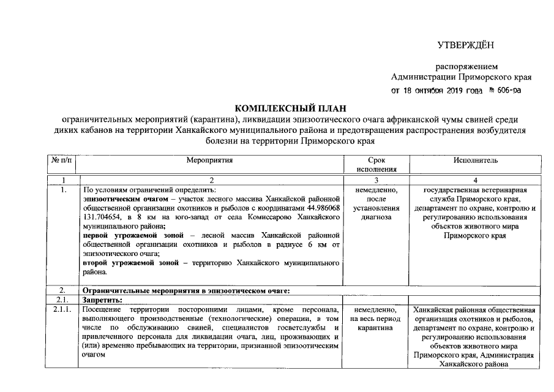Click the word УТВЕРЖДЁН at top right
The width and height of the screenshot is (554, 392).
click(x=465, y=45)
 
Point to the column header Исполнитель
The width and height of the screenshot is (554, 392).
click(x=475, y=160)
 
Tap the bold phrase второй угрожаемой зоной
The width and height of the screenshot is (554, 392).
click(x=132, y=263)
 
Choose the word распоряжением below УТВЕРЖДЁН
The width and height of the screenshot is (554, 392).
click(x=466, y=66)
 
